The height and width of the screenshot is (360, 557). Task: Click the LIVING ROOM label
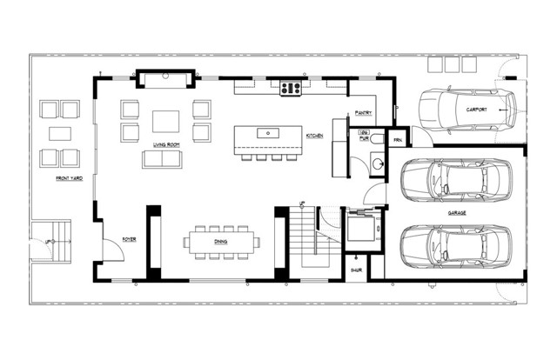pos(166,145)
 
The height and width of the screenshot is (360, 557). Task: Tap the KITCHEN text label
pos(314,137)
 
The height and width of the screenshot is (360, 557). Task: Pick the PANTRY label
pos(364,113)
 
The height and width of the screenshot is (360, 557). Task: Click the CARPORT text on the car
pos(476,110)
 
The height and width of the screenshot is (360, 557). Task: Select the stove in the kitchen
pos(290,87)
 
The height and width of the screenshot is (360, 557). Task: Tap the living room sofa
pos(163,160)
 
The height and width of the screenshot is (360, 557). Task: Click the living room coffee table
pos(166,120)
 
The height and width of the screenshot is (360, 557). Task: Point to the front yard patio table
pos(59,134)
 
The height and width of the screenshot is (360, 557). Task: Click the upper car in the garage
pos(456,179)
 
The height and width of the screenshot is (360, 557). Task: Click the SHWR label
pos(356,270)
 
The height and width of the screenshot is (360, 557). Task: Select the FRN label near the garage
pos(397,140)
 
